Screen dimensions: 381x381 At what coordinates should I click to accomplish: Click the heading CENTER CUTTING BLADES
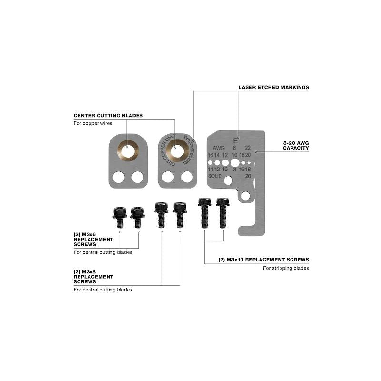click(108, 115)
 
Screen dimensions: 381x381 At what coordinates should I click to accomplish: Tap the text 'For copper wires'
click(92, 124)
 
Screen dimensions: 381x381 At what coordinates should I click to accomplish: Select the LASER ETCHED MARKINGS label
click(273, 88)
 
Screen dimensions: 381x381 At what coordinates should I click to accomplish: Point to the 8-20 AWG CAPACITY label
click(296, 145)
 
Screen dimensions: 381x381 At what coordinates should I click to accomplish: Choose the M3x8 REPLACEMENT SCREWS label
click(93, 276)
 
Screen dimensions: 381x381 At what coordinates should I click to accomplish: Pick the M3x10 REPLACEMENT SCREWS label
click(263, 260)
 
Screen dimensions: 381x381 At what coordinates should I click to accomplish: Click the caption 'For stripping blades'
click(286, 268)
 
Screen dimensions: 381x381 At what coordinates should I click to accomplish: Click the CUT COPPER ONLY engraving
click(167, 149)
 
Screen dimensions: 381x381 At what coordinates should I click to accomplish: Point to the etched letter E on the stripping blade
click(234, 140)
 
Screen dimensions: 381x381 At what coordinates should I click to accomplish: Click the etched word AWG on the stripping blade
click(219, 148)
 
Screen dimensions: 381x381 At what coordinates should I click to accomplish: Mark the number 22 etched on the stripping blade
click(248, 148)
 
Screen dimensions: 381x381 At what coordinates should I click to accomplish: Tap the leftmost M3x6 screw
click(120, 217)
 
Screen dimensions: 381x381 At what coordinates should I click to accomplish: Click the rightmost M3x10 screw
click(222, 212)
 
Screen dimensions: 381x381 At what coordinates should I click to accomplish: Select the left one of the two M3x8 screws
click(161, 215)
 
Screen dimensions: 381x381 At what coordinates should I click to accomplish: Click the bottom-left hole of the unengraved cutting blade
click(119, 178)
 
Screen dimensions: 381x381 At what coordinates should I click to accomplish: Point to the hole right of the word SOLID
click(229, 180)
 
